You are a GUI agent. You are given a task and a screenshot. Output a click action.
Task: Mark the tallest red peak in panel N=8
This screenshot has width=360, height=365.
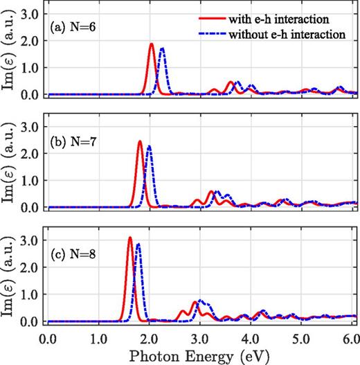pos(129,238)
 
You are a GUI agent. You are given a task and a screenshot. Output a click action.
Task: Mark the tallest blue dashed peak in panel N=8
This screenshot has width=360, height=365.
pos(138,244)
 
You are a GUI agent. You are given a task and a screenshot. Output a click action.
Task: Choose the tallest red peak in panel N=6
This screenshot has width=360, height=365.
pos(152,44)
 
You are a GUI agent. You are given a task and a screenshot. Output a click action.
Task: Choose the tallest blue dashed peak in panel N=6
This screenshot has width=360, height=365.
pos(162,48)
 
